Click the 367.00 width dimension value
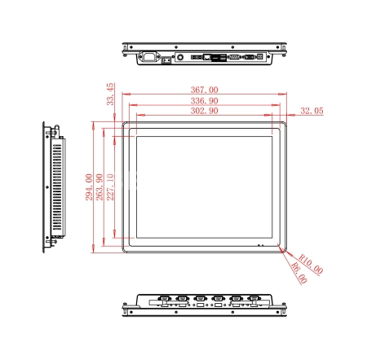[x=204, y=90]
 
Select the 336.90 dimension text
[x=204, y=101]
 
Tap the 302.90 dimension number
[x=204, y=111]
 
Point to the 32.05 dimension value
[x=312, y=111]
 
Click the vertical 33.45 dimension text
[x=110, y=94]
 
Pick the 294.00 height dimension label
[x=89, y=187]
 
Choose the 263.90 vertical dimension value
[x=99, y=187]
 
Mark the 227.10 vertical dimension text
[x=110, y=187]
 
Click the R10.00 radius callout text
[x=311, y=264]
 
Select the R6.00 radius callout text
[x=299, y=273]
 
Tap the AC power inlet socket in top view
[x=148, y=57]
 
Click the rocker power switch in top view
[x=166, y=60]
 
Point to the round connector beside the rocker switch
[x=180, y=57]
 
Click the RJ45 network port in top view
[x=207, y=57]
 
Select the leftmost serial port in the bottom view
[x=165, y=299]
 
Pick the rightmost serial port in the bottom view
[x=254, y=299]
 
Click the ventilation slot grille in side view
[x=57, y=187]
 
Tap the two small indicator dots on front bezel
[x=260, y=245]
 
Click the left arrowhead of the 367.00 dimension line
[x=126, y=94]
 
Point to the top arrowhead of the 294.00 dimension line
[x=94, y=125]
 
